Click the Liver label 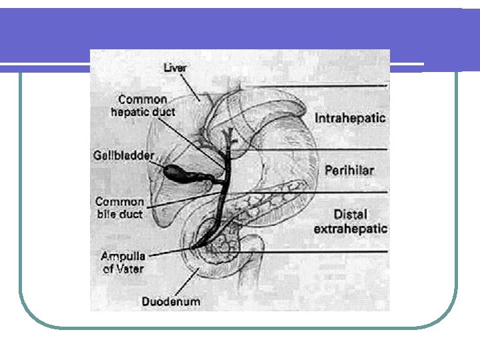point(176,67)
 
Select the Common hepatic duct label point(143,106)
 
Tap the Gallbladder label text point(123,155)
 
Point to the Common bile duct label point(119,207)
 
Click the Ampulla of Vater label point(122,262)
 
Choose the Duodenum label point(171,301)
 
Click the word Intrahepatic point(350,118)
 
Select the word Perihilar point(349,171)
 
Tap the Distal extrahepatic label point(351,221)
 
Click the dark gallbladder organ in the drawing point(179,173)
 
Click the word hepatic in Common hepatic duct point(132,112)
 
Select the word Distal point(351,215)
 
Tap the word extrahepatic point(351,229)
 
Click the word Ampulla point(123,255)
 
